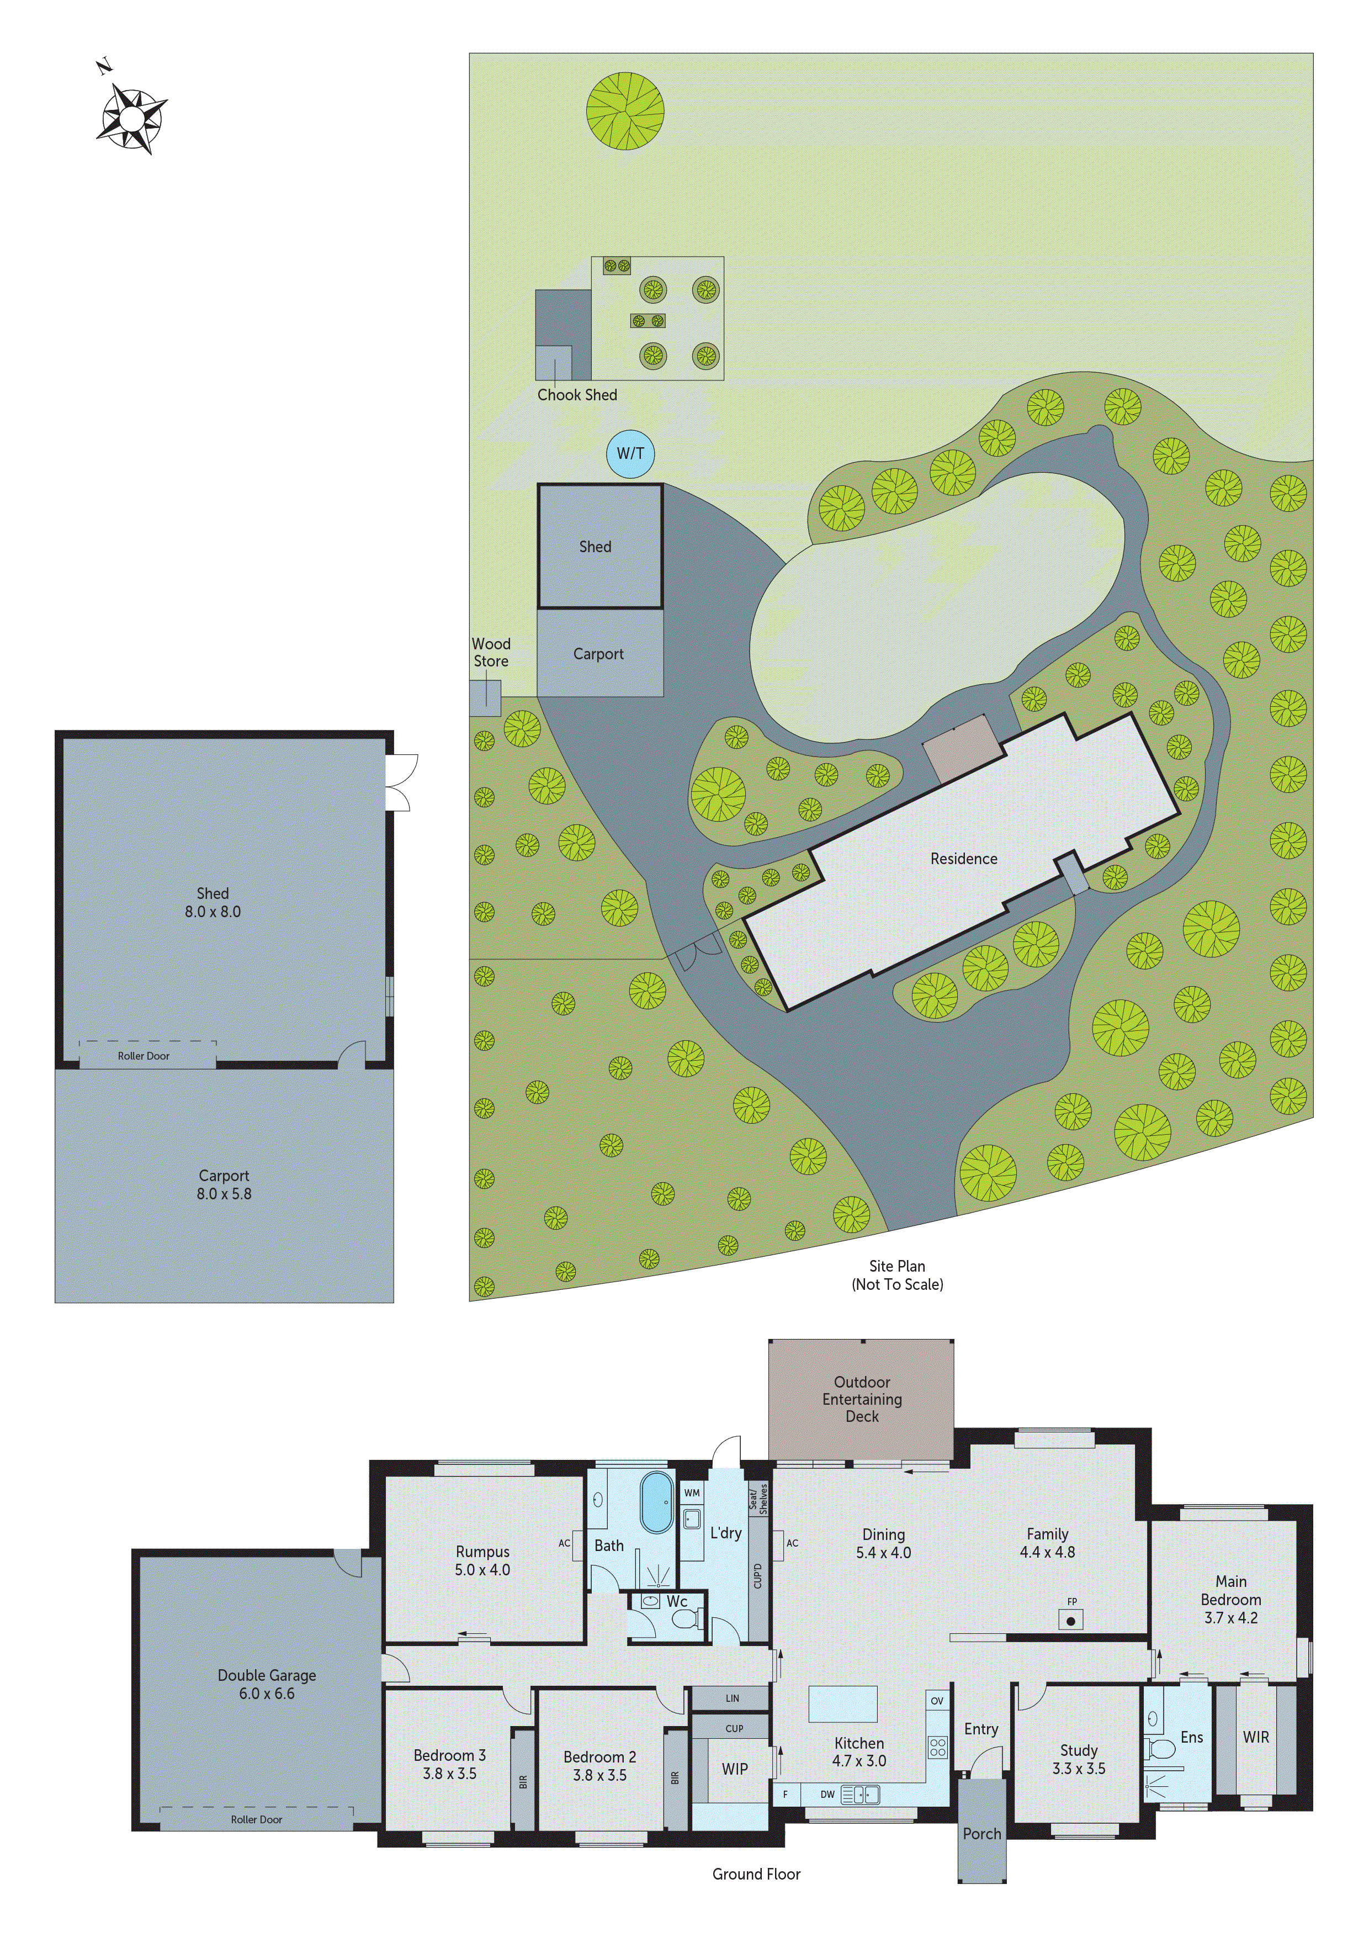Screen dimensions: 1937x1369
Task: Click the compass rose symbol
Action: (131, 119)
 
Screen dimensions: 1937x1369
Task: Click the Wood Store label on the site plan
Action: (491, 652)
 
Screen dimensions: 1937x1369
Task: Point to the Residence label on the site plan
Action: (963, 859)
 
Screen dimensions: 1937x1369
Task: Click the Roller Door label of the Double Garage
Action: (257, 1820)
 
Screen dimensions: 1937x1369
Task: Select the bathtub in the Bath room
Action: (656, 1502)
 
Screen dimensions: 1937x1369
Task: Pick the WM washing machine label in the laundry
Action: (692, 1493)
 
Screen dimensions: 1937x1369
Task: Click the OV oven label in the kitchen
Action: (936, 1701)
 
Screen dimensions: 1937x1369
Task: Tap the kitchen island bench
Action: (843, 1703)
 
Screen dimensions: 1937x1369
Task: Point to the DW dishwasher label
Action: (827, 1795)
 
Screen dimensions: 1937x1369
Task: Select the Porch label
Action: (982, 1834)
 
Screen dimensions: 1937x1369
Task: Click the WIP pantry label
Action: (735, 1769)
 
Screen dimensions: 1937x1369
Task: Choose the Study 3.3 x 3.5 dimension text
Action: (1078, 1769)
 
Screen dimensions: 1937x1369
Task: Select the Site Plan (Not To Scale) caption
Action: (898, 1275)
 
